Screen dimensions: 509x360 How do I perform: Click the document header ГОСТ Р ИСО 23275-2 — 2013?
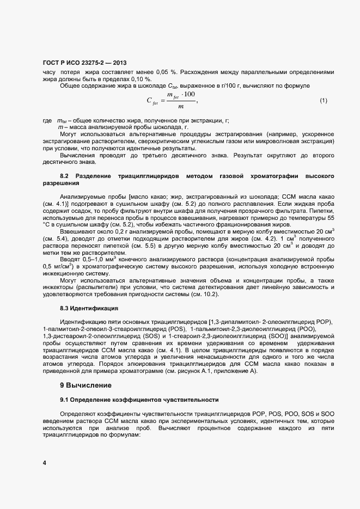click(81, 63)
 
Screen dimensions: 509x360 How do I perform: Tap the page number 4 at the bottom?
click(44, 463)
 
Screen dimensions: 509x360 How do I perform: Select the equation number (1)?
click(323, 100)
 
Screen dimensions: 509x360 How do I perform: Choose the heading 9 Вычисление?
click(86, 385)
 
